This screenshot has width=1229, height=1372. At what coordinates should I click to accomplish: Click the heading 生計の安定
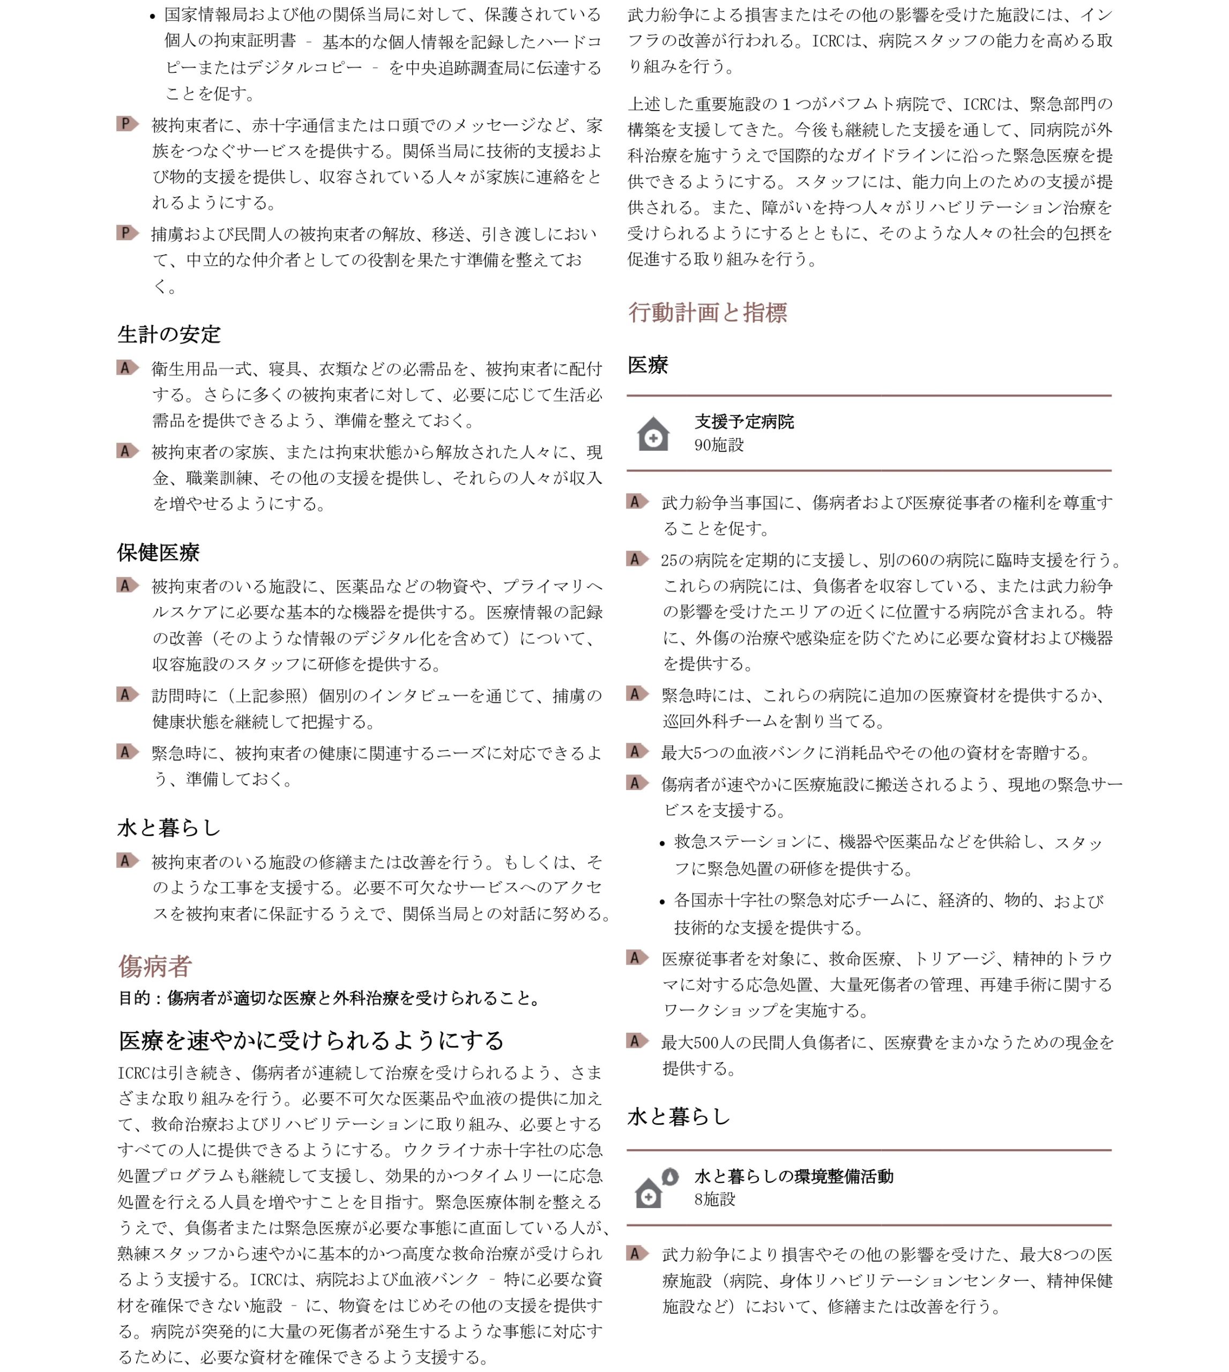pos(169,334)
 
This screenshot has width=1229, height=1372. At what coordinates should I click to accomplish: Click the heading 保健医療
pos(158,553)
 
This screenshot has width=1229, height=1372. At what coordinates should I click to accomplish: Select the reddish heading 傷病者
pos(155,966)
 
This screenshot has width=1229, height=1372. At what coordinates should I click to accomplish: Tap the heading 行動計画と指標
pos(707,312)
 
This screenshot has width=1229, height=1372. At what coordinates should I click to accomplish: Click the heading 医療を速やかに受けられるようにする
pos(311,1040)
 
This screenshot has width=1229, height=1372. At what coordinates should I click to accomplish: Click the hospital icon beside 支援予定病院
pos(653,434)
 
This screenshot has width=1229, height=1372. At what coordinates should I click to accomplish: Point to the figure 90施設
pos(719,445)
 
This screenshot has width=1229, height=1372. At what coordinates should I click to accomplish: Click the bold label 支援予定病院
pos(744,422)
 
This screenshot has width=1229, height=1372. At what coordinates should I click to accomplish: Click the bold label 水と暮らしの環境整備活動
pos(793,1176)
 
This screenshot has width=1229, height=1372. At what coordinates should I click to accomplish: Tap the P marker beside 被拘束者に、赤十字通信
pos(127,124)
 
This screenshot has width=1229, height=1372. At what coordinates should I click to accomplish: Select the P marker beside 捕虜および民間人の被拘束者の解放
pos(127,234)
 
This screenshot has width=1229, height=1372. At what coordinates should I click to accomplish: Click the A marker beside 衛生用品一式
pos(127,368)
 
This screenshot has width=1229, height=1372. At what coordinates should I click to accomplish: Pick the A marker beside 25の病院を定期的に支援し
pos(637,559)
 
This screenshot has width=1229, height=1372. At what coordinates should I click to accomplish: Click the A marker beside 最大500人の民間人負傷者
pos(637,1041)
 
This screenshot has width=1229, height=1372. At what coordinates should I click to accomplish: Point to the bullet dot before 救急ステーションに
pos(662,844)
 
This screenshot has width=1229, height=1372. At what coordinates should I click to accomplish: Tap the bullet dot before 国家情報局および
pos(153,16)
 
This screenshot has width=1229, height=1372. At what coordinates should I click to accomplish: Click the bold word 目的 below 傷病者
pos(135,998)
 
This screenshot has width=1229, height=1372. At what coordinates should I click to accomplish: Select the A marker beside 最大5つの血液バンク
pos(637,751)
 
